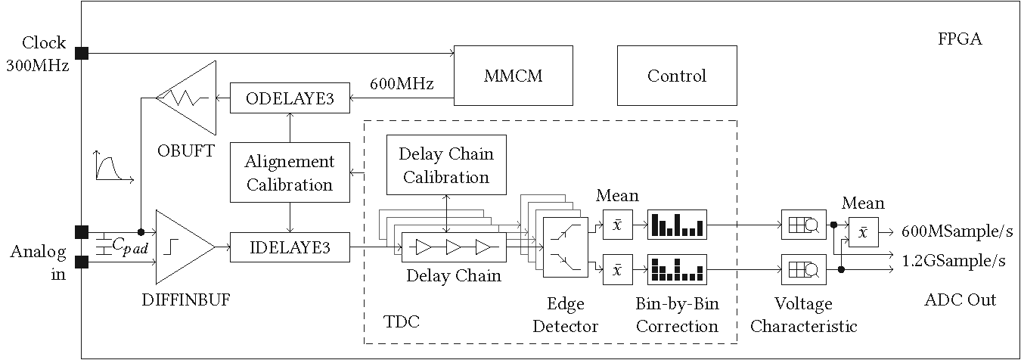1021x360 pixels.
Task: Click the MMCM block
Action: pos(514,76)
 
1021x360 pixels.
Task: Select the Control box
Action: pos(677,76)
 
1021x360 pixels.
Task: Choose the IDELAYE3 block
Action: pos(290,247)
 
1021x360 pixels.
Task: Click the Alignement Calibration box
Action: pos(290,172)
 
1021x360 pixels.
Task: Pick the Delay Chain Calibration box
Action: pos(446,166)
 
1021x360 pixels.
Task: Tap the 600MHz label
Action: pos(402,84)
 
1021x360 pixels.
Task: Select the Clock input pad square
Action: pos(82,53)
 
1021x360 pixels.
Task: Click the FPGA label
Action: pos(960,40)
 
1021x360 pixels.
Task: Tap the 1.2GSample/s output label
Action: pos(954,261)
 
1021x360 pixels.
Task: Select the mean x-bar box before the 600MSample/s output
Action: pos(863,232)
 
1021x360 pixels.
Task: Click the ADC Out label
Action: pos(960,300)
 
